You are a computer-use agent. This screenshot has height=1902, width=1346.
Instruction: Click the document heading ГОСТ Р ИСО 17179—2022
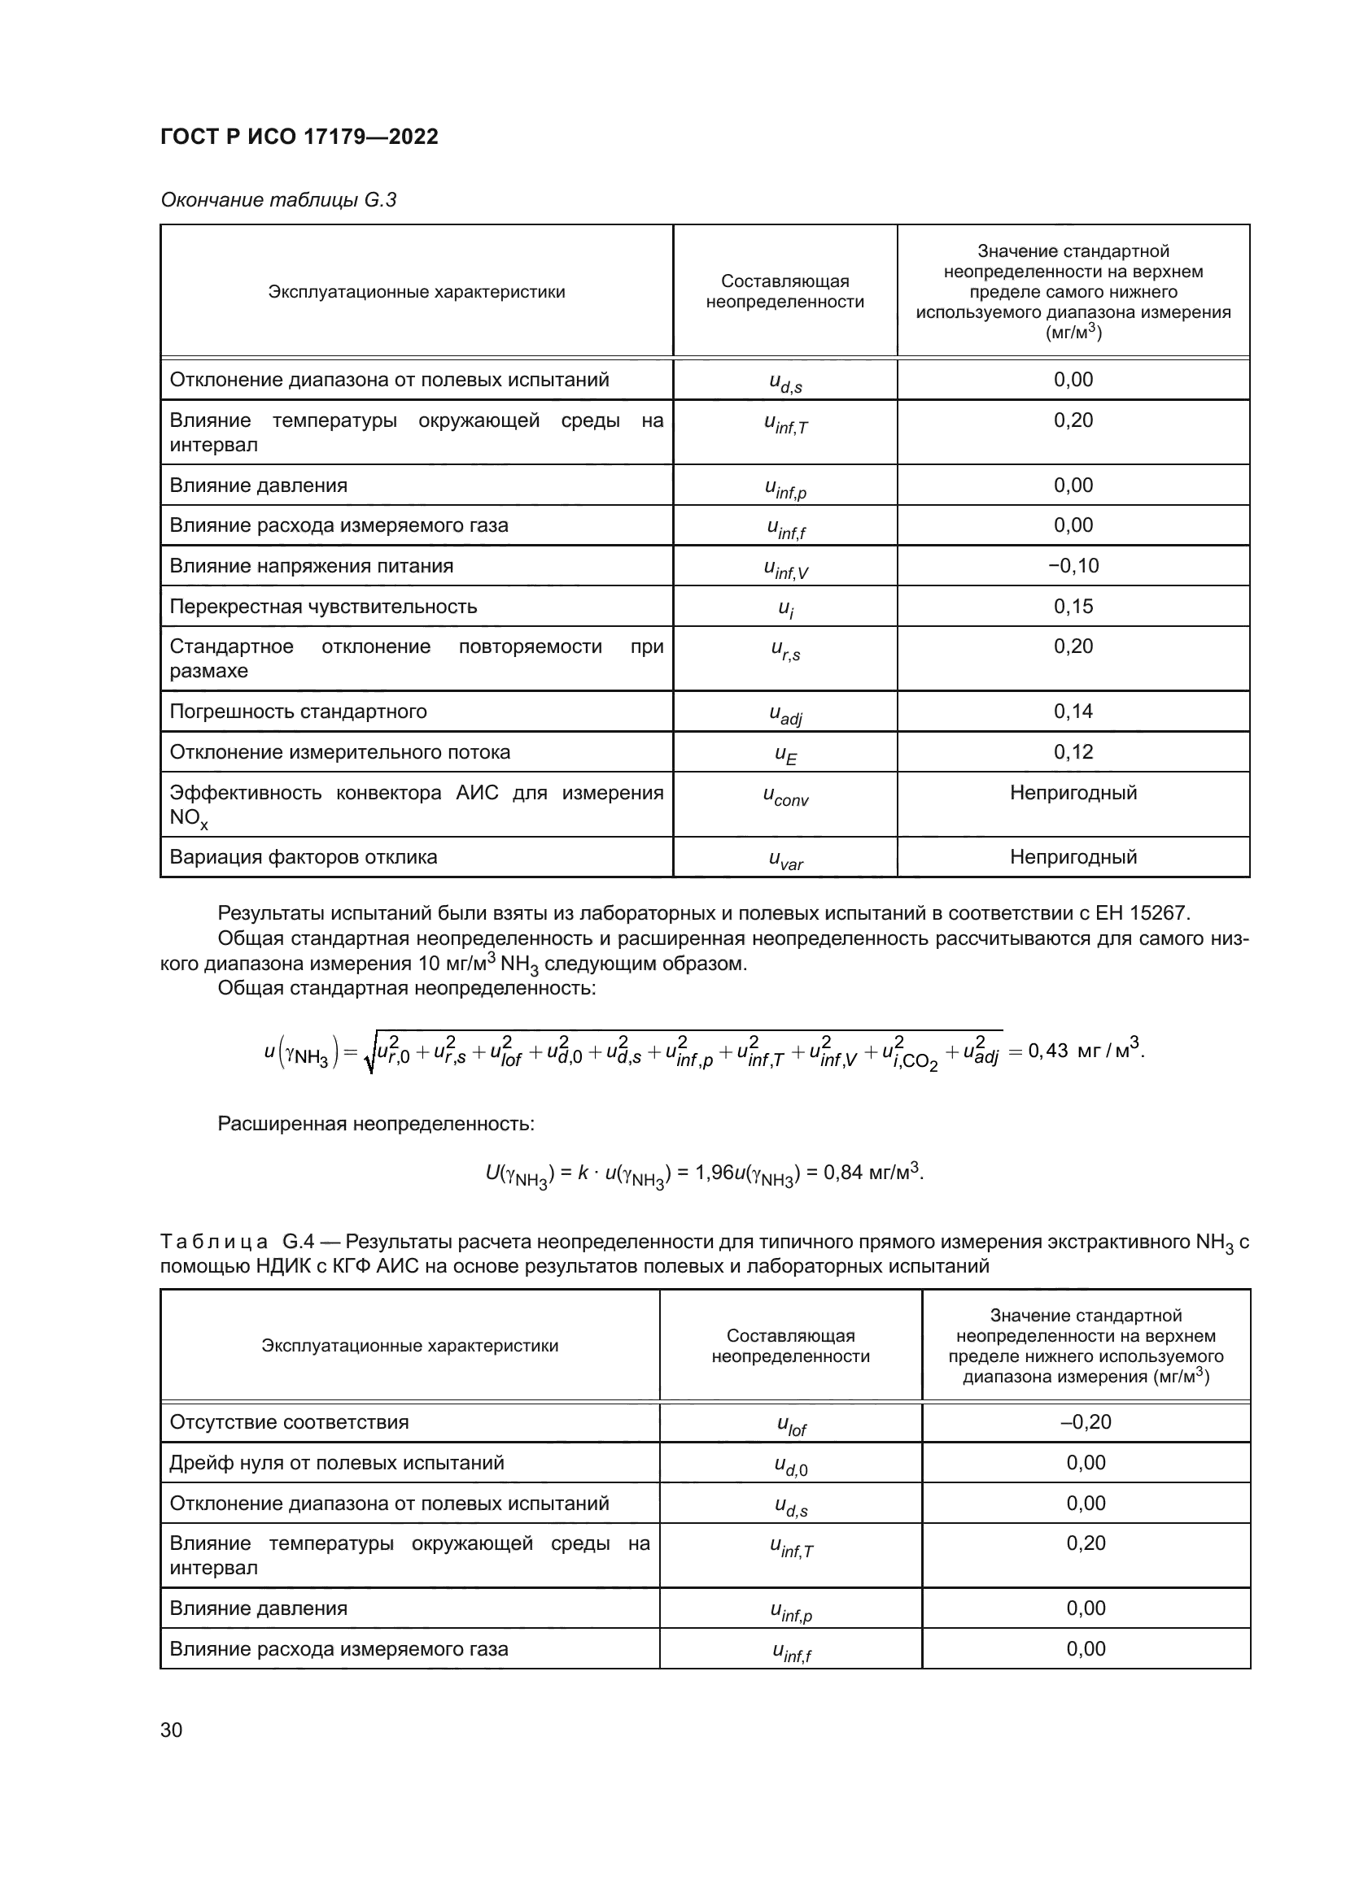pos(299,137)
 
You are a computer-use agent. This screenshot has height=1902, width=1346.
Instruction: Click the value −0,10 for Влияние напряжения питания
pos(1073,566)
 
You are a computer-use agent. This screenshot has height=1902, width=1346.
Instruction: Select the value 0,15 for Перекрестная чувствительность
pos(1073,607)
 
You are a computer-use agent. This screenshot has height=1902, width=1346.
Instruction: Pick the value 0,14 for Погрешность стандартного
pos(1073,711)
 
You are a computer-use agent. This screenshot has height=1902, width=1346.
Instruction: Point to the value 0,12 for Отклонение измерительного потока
pos(1073,751)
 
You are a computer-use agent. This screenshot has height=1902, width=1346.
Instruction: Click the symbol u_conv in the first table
pos(784,796)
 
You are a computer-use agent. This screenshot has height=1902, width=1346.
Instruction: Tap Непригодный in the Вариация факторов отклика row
pos(1073,856)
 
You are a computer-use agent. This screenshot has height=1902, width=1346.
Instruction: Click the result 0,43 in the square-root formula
pos(1047,1051)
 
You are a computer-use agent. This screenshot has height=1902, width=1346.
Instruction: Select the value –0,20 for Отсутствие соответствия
pos(1086,1421)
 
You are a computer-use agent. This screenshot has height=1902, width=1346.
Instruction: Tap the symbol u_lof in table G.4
pos(791,1425)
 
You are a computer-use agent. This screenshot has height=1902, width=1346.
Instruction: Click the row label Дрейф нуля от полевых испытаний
pos(337,1462)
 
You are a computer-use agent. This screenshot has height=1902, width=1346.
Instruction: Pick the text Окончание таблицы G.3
pos(278,200)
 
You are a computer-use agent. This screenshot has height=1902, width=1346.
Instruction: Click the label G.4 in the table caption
pos(296,1242)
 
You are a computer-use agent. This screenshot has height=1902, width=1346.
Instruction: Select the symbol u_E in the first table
pos(784,755)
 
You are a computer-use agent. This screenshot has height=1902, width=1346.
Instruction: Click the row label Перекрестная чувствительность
pos(323,607)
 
